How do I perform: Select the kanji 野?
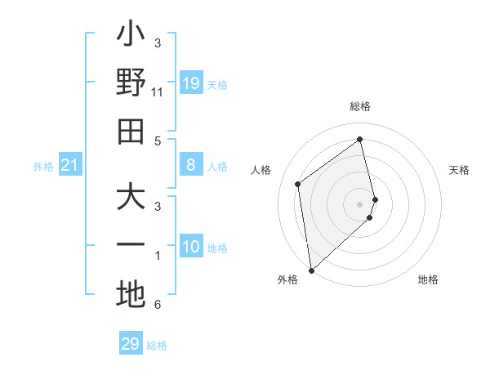click(131, 83)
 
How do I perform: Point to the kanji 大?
click(131, 199)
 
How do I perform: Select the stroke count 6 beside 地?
click(158, 306)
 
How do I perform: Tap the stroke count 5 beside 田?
click(158, 141)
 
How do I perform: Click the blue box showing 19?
click(191, 83)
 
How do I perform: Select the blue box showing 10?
click(191, 247)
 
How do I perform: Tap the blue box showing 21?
click(70, 166)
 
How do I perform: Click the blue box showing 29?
click(131, 344)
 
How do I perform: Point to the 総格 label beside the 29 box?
click(157, 346)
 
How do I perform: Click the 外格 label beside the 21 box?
click(43, 167)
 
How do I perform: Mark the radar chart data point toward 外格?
click(311, 270)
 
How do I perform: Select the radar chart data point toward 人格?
click(298, 184)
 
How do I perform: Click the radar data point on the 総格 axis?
click(360, 139)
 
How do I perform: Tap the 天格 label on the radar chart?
click(459, 170)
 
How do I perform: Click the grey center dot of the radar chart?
click(360, 203)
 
